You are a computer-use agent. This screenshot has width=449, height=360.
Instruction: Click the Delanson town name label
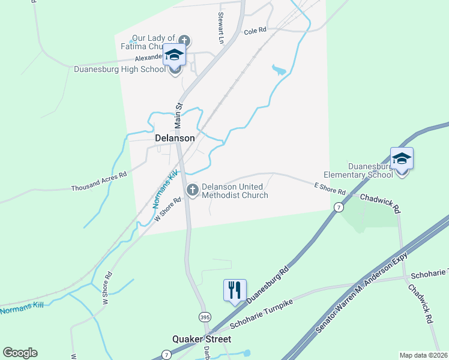175,138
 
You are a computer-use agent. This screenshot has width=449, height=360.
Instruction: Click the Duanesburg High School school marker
175,56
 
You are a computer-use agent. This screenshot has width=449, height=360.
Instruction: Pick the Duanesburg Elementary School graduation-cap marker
402,159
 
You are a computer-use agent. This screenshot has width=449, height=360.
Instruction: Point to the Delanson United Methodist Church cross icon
193,191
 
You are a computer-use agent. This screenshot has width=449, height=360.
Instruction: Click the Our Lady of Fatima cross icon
184,41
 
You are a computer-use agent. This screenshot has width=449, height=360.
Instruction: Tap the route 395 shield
205,315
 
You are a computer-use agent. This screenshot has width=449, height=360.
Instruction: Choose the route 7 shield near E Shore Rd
339,207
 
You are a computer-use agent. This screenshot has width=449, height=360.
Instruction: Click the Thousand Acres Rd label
99,181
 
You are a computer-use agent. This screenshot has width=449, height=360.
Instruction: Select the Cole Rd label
255,31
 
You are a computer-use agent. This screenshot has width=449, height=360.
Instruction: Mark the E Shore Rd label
330,189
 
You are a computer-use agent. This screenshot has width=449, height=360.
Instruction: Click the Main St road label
178,115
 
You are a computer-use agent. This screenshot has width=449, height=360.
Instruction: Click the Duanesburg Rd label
268,281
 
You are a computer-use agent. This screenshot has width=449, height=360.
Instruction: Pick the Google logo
20,353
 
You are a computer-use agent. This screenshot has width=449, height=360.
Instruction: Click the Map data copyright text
424,355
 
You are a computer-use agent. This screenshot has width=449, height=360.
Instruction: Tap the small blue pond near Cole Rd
279,71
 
